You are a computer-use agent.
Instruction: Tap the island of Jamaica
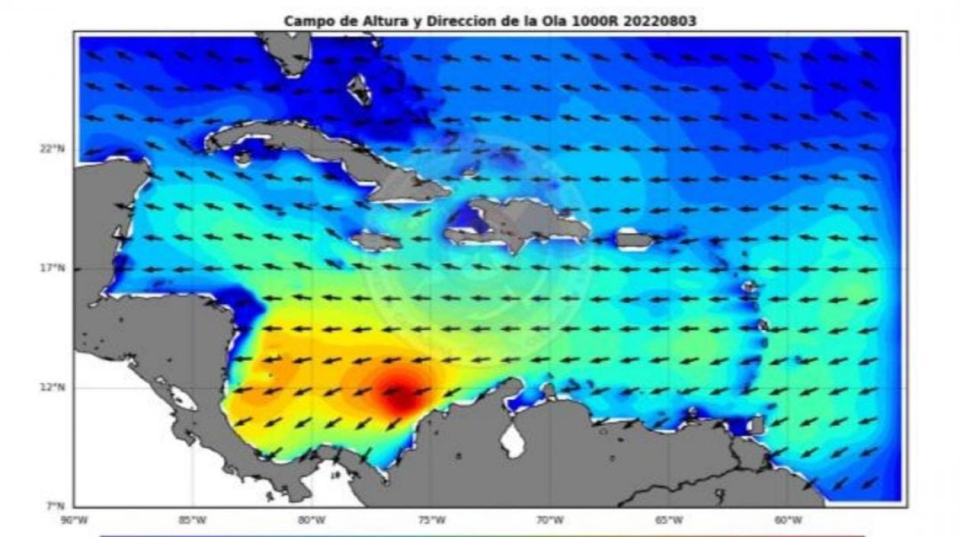(376, 241)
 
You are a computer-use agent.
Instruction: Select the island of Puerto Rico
(634, 241)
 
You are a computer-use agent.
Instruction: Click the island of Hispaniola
(526, 221)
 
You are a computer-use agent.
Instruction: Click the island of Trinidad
(757, 424)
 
